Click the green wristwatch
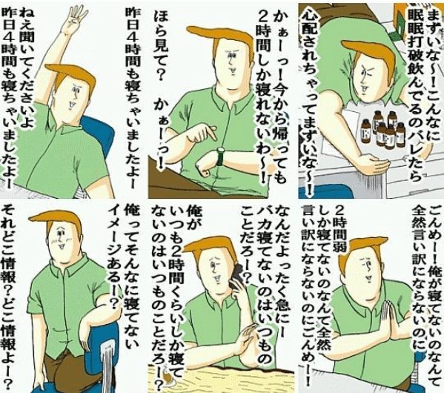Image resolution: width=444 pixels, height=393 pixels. click(x=220, y=156)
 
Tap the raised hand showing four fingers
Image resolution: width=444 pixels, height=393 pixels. click(x=71, y=21)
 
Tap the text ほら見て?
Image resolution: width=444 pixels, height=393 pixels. click(x=162, y=44)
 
